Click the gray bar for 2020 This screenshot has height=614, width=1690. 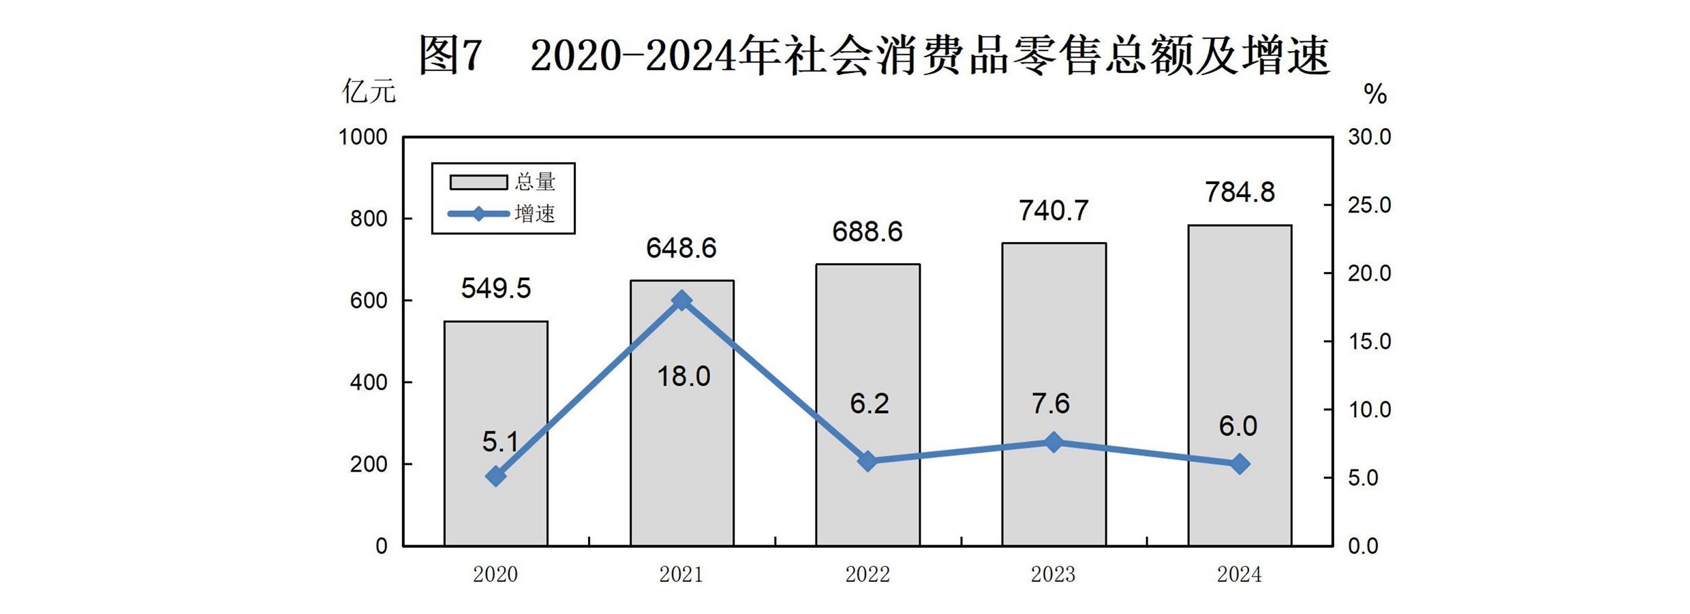coord(495,433)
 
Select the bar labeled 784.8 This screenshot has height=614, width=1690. coord(1240,385)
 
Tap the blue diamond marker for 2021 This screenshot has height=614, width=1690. coord(681,301)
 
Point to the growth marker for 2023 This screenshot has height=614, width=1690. coord(1054,442)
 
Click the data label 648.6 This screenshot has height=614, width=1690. coord(681,248)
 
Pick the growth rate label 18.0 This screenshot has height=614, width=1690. coord(683,376)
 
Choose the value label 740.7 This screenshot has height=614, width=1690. coord(1054,211)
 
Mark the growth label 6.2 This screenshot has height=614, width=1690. coord(869,403)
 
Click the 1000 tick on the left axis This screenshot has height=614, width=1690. coord(363,137)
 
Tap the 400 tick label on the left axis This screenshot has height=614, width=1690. coord(368,382)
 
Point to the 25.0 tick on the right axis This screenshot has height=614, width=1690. coord(1369,205)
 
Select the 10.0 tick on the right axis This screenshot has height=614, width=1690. coord(1369,410)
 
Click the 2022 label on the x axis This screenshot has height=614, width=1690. coord(867,574)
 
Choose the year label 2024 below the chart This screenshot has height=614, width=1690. coord(1239,574)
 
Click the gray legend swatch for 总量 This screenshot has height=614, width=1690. coord(478,182)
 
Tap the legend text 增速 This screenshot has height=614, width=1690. coord(535,214)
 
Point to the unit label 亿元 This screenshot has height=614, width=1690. coord(369,91)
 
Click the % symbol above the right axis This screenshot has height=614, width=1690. coord(1375,94)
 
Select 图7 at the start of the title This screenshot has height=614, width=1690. coord(450,55)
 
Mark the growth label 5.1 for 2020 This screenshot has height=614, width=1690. coord(500,442)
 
